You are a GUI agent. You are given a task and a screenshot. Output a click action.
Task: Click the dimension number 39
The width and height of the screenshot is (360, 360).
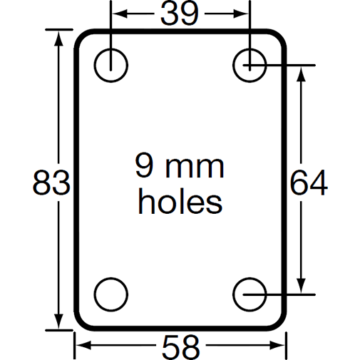pyautogui.click(x=179, y=13)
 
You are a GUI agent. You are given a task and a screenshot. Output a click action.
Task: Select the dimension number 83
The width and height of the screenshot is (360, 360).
pyautogui.click(x=51, y=184)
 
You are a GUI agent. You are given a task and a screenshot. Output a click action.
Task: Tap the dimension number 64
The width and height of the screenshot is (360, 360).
pyautogui.click(x=309, y=184)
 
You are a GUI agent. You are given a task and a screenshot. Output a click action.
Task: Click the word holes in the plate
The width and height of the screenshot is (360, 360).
pyautogui.click(x=180, y=202)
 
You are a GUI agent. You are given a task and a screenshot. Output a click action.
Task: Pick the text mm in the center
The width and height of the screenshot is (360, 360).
pyautogui.click(x=197, y=168)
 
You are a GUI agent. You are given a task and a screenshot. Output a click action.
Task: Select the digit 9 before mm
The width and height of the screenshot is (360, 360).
pyautogui.click(x=145, y=167)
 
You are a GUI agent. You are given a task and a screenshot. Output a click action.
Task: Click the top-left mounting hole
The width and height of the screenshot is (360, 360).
pyautogui.click(x=111, y=65)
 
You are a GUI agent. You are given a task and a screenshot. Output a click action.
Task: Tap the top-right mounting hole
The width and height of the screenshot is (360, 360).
pyautogui.click(x=250, y=65)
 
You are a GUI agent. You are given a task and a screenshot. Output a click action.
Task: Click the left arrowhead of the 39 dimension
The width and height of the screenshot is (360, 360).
pyautogui.click(x=117, y=14)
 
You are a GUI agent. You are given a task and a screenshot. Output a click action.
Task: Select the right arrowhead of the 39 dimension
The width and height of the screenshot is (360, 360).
pyautogui.click(x=245, y=14)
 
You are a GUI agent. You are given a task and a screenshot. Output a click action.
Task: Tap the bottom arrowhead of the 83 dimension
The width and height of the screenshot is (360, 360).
pyautogui.click(x=56, y=324)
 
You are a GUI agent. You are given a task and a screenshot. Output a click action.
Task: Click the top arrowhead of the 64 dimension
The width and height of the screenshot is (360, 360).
pyautogui.click(x=304, y=72)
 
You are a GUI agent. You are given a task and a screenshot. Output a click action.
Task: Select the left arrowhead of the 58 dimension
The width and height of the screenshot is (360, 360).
pyautogui.click(x=81, y=347)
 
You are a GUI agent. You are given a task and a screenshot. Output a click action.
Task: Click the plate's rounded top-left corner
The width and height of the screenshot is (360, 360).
pyautogui.click(x=81, y=36)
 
